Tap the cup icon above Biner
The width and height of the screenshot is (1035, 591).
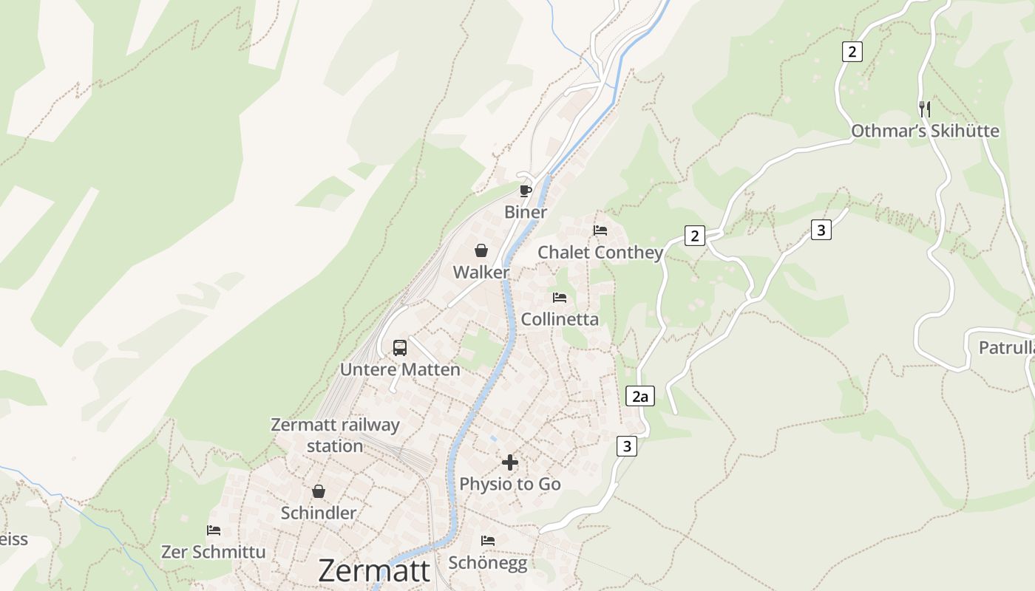coord(526,191)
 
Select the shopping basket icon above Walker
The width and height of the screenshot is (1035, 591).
coord(481,250)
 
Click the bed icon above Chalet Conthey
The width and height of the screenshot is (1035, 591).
coord(600,230)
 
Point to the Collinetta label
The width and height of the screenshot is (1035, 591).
coord(560,319)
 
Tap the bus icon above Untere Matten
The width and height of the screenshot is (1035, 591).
coord(400,347)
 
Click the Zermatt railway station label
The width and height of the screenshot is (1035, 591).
coord(335,435)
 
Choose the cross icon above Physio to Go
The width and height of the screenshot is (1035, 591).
coord(510,462)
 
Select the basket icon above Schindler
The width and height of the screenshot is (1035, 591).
coord(319,491)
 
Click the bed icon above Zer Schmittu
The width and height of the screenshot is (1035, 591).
coord(214,530)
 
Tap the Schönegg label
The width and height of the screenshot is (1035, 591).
coord(488,563)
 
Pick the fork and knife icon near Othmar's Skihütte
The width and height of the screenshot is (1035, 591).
coord(925,109)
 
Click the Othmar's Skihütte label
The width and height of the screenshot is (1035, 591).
coord(925,131)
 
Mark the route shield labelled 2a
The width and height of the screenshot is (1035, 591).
coord(640,396)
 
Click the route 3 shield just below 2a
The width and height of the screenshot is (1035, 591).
coord(627,446)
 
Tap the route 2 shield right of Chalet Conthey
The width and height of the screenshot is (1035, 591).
coord(694,236)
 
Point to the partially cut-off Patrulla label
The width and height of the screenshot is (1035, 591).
coord(1006,348)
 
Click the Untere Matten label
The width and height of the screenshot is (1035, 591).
coord(400,369)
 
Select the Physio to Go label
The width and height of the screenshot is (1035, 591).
coord(510,484)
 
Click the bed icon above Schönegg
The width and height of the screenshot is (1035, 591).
coord(488,541)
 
